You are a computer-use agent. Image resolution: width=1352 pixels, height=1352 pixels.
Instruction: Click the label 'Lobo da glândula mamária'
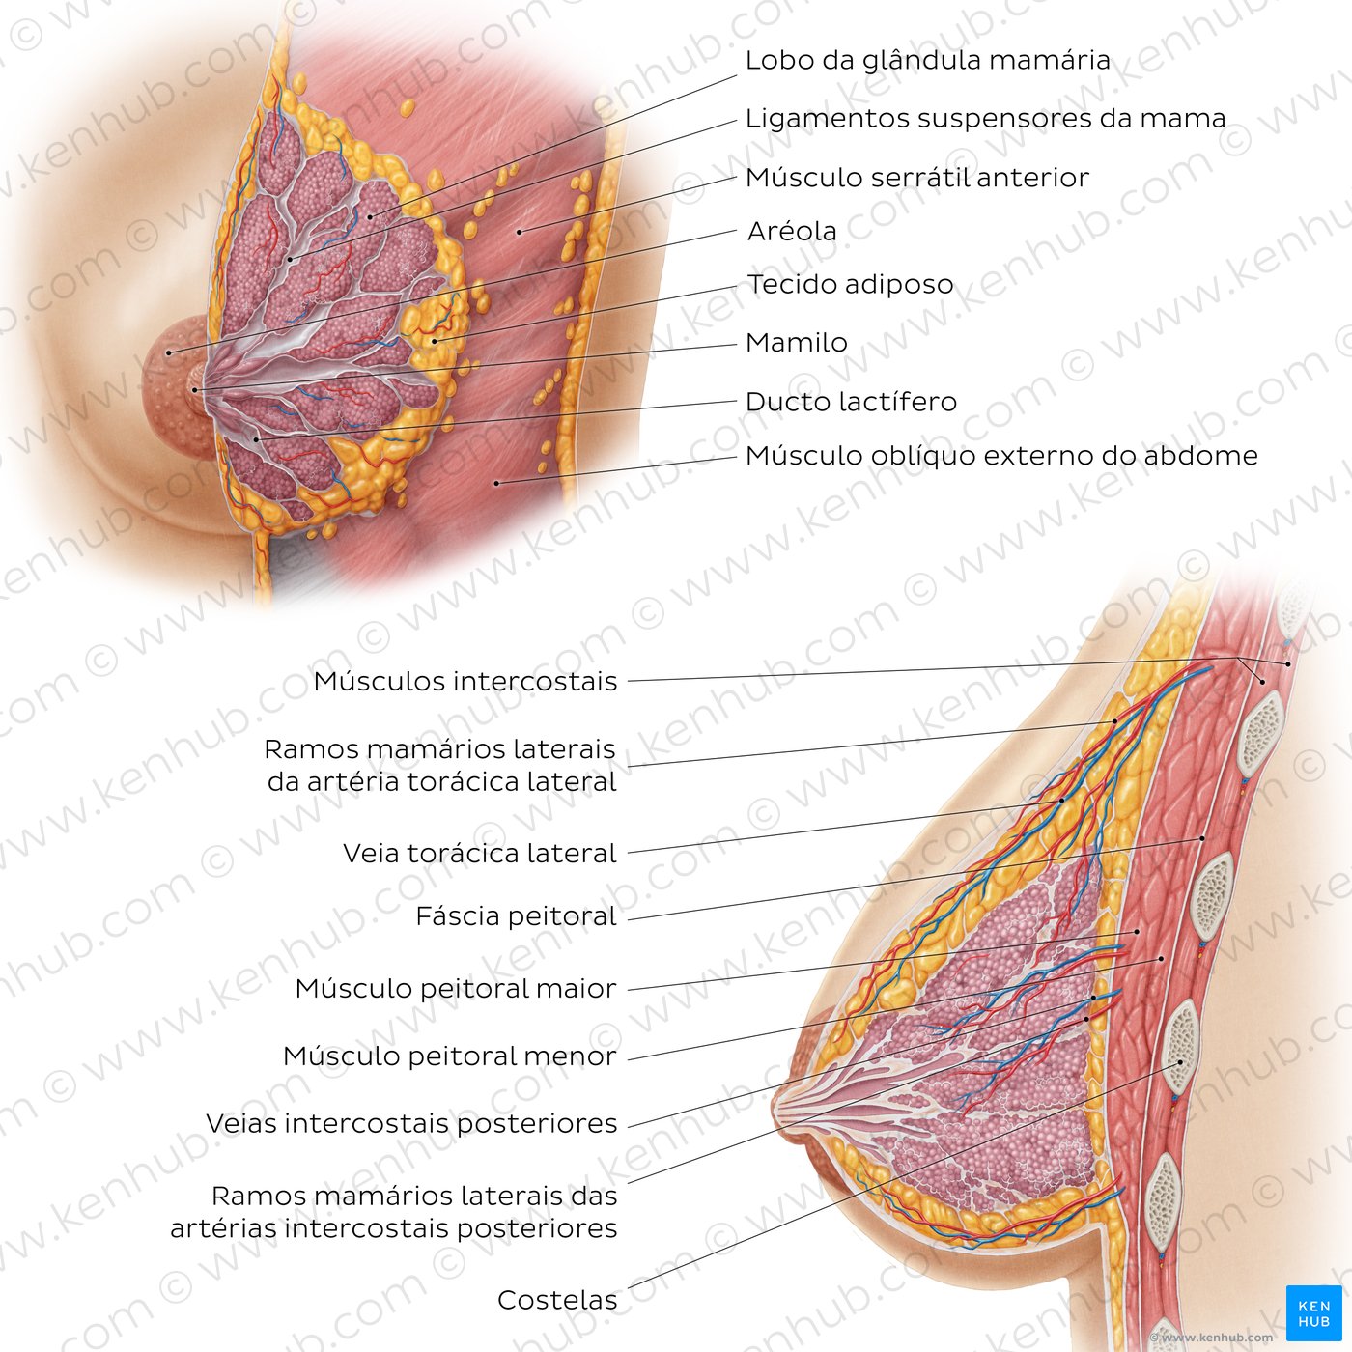927,60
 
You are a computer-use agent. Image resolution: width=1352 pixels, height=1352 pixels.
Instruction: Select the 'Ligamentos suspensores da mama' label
986,118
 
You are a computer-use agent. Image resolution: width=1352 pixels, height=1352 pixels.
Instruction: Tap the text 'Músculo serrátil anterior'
917,178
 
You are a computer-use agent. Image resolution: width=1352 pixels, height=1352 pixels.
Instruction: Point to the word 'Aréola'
792,231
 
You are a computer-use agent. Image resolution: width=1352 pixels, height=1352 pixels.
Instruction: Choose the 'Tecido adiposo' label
851,284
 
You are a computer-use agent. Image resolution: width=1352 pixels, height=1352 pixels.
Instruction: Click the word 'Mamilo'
797,343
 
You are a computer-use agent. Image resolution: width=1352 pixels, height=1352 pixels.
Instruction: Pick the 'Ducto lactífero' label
851,402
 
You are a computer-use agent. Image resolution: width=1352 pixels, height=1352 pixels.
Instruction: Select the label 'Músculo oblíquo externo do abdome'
1001,456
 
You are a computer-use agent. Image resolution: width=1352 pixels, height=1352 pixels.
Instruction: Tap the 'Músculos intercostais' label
465,681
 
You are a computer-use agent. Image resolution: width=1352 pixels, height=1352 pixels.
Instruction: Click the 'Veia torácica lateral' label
480,854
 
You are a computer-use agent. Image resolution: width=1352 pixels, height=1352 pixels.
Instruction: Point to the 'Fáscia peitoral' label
517,916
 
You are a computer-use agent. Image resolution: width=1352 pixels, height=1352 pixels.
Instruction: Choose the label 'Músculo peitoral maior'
456,989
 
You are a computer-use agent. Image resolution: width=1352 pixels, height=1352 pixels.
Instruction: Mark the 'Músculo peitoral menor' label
450,1056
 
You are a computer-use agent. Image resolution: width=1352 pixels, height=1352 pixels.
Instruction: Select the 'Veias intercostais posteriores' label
411,1123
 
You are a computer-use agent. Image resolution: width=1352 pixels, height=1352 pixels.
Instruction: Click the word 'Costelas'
558,1300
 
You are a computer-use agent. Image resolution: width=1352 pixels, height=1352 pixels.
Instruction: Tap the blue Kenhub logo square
1313,1313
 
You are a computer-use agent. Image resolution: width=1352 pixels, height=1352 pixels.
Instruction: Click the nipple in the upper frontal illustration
196,388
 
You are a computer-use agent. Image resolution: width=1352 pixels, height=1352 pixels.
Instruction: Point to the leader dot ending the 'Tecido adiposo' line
435,342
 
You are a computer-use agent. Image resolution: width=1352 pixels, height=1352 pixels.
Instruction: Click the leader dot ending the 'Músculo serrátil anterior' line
520,232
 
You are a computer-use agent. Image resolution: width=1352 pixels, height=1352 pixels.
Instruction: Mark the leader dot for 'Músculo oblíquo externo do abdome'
496,483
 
